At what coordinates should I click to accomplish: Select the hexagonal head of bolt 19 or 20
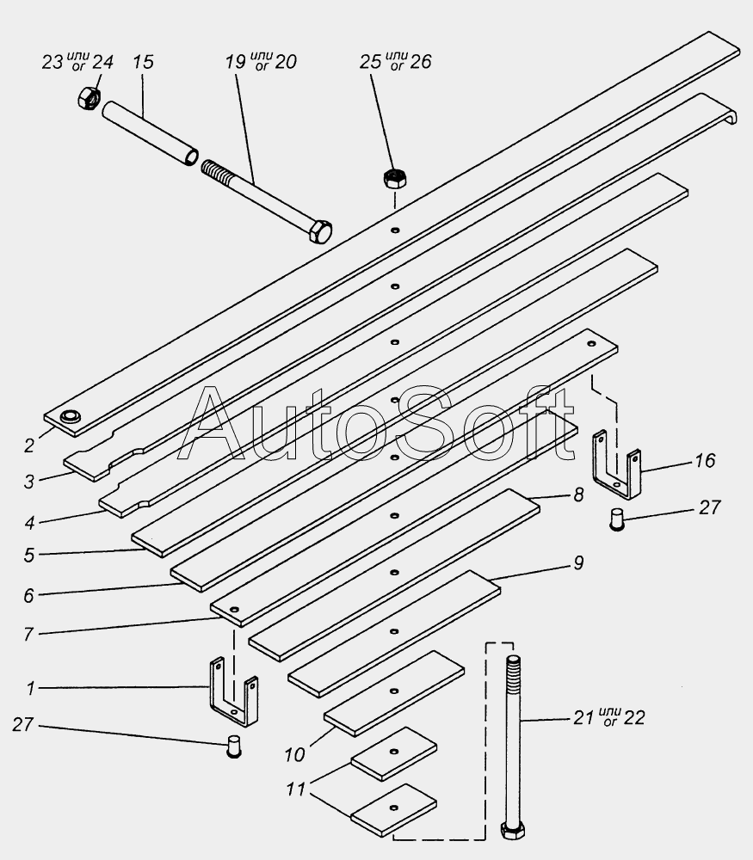[x=319, y=231]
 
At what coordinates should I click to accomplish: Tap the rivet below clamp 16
[x=616, y=519]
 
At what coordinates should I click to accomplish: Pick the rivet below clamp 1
[x=232, y=746]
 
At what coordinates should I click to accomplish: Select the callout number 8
[x=578, y=494]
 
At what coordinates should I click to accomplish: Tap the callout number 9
[x=578, y=562]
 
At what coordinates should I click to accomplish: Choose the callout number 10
[x=295, y=755]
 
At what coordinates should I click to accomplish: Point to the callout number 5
[x=29, y=556]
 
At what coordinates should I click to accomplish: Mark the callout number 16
[x=704, y=461]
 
